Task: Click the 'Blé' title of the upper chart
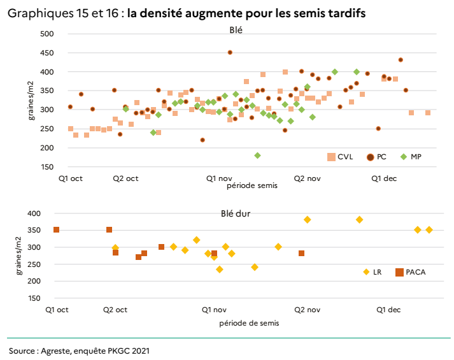coord(236,29)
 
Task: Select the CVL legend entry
coord(345,157)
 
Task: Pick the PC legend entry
coord(381,157)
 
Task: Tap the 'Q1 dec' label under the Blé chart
coord(385,179)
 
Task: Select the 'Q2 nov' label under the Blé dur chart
coord(307,310)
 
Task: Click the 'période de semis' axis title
coord(248,323)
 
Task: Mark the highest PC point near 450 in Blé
coord(230,52)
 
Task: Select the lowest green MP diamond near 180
coord(257,155)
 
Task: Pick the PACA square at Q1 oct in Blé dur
coord(56,229)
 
